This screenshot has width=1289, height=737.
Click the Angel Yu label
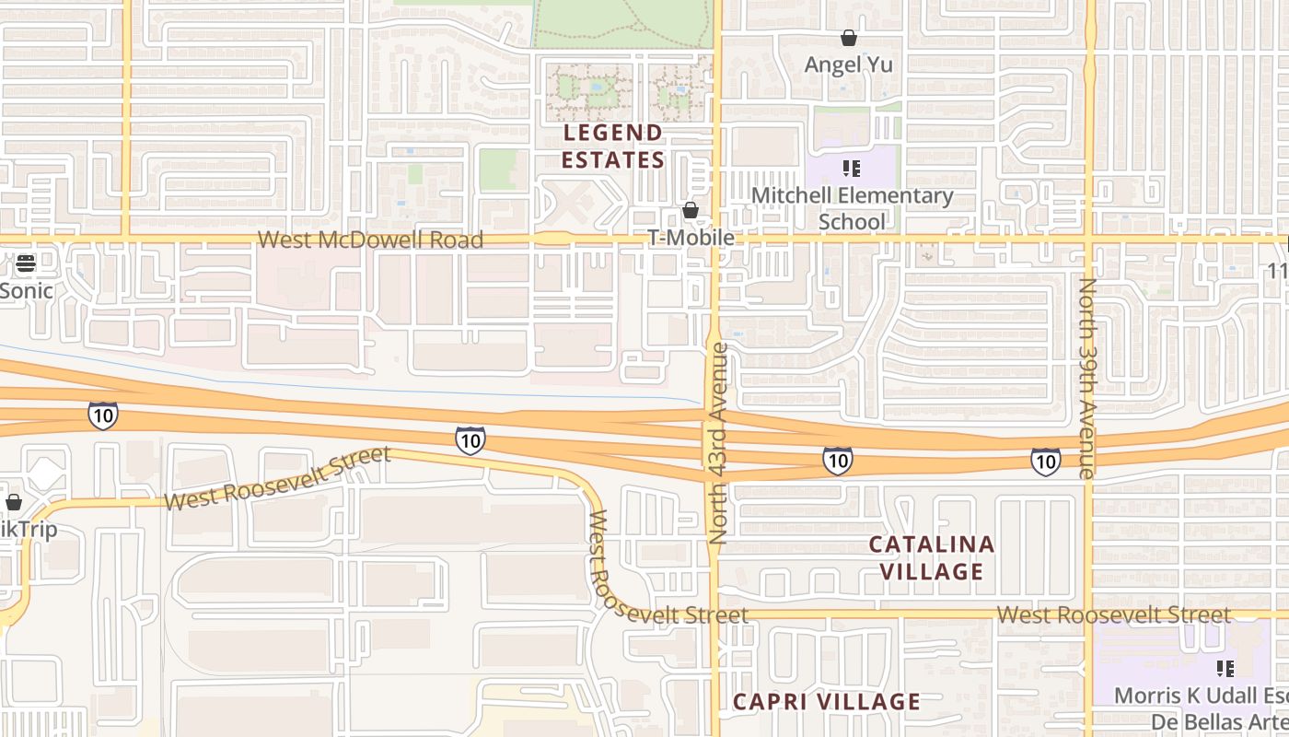(848, 64)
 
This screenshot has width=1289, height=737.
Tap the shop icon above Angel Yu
(848, 38)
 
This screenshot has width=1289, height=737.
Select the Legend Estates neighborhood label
(612, 146)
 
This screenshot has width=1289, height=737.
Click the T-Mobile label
(691, 238)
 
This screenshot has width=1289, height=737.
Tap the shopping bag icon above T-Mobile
(691, 211)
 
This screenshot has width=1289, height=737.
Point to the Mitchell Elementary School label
(852, 208)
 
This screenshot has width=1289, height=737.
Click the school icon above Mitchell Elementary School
(852, 169)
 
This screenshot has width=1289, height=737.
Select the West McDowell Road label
(370, 240)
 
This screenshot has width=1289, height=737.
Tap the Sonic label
(27, 291)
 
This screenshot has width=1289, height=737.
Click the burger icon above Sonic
(26, 263)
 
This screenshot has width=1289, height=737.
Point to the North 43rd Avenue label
(719, 443)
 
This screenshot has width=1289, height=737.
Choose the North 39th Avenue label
(1087, 378)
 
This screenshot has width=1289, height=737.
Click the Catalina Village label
(932, 557)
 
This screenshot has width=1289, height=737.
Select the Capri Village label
(826, 702)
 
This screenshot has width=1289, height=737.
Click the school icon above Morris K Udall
(1225, 668)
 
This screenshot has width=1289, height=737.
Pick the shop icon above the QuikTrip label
(14, 503)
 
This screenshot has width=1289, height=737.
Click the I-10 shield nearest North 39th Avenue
(1045, 461)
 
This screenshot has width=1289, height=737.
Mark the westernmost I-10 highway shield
(103, 415)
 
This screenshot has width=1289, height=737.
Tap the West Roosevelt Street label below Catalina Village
(1113, 614)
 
